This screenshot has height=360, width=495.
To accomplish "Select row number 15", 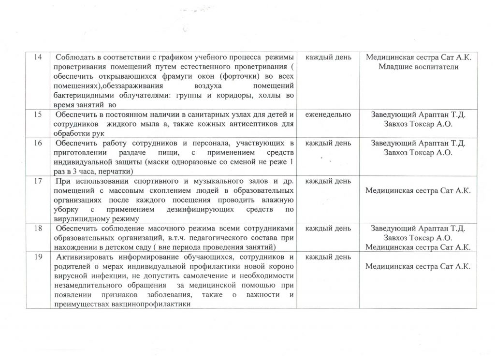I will [x=38, y=115].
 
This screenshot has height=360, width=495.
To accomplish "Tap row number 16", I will [x=38, y=144].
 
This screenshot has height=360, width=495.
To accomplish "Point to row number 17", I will [x=38, y=181].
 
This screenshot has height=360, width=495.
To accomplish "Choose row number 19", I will [x=38, y=257].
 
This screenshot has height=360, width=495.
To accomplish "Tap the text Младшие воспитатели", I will [x=418, y=67].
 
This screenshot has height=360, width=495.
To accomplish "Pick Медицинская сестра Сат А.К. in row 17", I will [x=418, y=191].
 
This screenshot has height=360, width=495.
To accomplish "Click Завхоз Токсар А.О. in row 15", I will [x=418, y=124].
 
